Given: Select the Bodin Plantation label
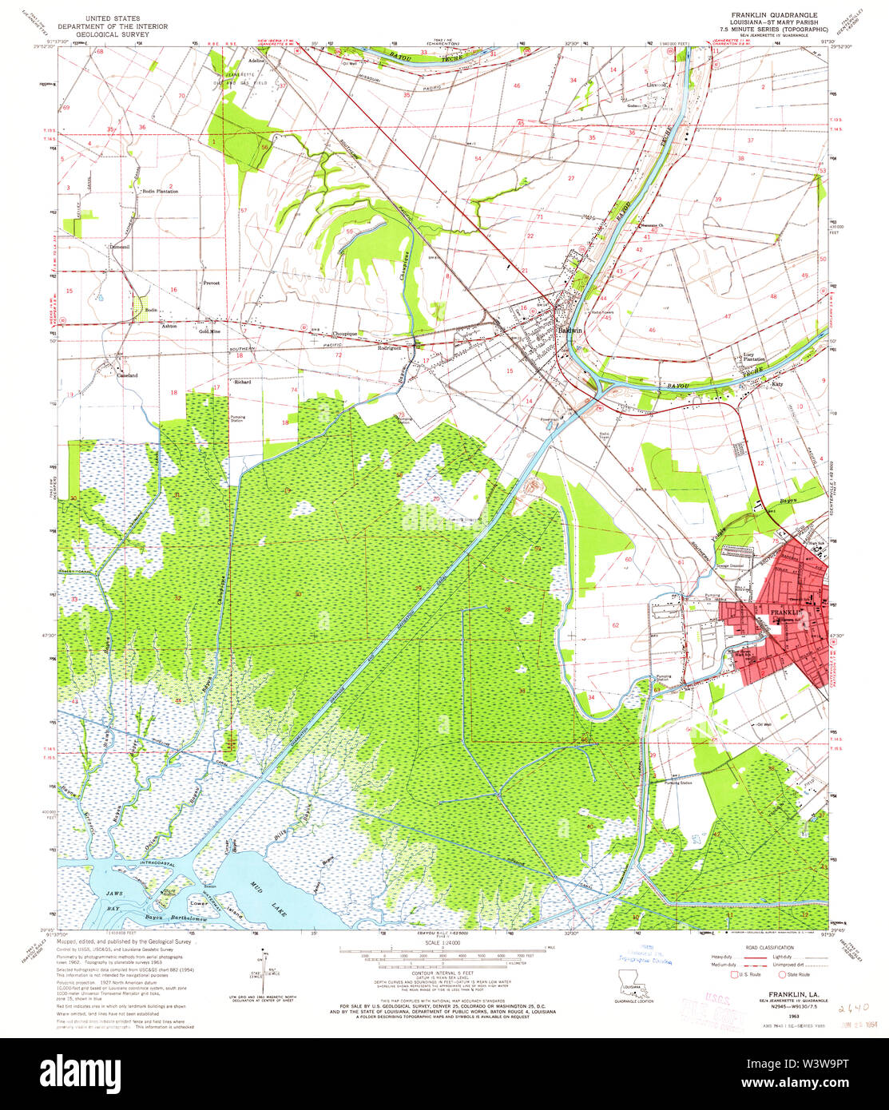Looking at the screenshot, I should coord(160,192).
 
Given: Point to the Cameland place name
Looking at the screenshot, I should coord(127,375).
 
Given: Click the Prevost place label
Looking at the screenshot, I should coord(211,283).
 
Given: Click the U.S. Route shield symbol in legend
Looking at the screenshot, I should coord(736,974).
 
